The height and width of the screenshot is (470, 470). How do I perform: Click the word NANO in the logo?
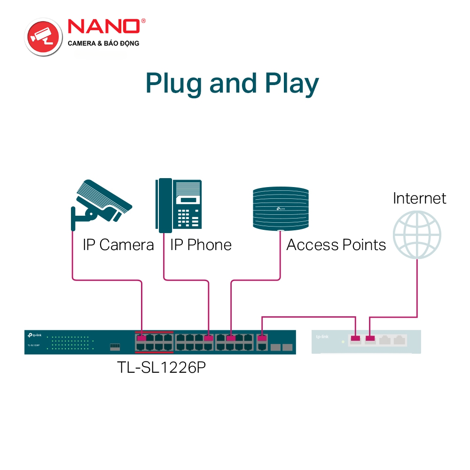[x=104, y=27]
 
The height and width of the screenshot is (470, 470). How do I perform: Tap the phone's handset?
[x=164, y=205]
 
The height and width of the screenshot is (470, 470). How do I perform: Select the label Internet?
[x=419, y=198]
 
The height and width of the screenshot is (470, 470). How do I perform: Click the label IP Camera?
[x=118, y=245]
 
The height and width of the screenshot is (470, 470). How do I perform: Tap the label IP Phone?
[x=201, y=245]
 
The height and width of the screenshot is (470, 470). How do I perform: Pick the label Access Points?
[x=336, y=245]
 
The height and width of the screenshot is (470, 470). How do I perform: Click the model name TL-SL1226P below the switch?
[x=161, y=367]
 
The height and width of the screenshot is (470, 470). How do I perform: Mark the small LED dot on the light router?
[x=343, y=341]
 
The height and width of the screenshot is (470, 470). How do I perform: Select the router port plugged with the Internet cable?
[x=370, y=338]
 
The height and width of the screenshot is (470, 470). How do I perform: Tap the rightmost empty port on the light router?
[x=399, y=339]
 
